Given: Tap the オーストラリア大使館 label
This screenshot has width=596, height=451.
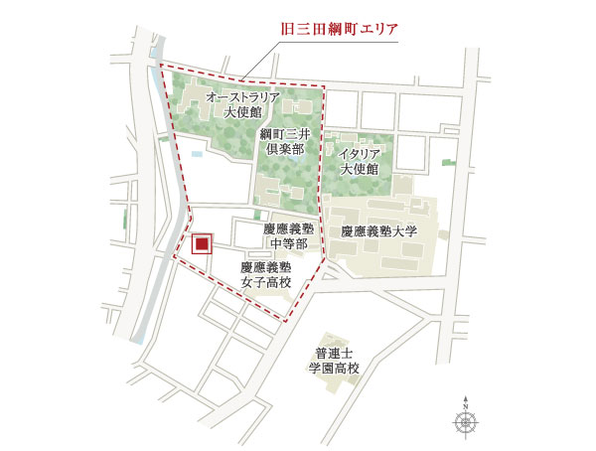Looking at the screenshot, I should (242, 106).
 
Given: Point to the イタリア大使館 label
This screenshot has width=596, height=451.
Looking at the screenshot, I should (359, 161).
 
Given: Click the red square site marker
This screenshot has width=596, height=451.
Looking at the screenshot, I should (202, 244).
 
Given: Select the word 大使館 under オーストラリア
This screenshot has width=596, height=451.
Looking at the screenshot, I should (242, 114).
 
